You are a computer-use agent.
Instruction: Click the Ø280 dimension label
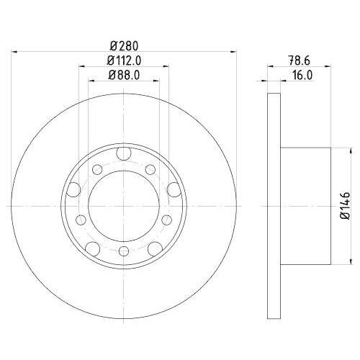point(123,45)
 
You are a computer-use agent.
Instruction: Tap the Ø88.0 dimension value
point(123,75)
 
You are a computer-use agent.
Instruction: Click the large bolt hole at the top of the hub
point(123,153)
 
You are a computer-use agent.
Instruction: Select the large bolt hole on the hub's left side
point(73,190)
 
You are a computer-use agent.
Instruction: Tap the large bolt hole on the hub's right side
point(174,190)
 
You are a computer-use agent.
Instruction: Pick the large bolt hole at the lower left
point(92,248)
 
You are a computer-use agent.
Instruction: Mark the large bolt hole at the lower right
point(154,248)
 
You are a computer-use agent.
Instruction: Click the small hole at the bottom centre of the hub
point(123,251)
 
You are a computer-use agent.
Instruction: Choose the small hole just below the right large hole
point(167,219)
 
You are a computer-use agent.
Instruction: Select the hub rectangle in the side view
point(305,206)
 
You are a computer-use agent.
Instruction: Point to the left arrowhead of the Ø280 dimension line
point(16,51)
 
